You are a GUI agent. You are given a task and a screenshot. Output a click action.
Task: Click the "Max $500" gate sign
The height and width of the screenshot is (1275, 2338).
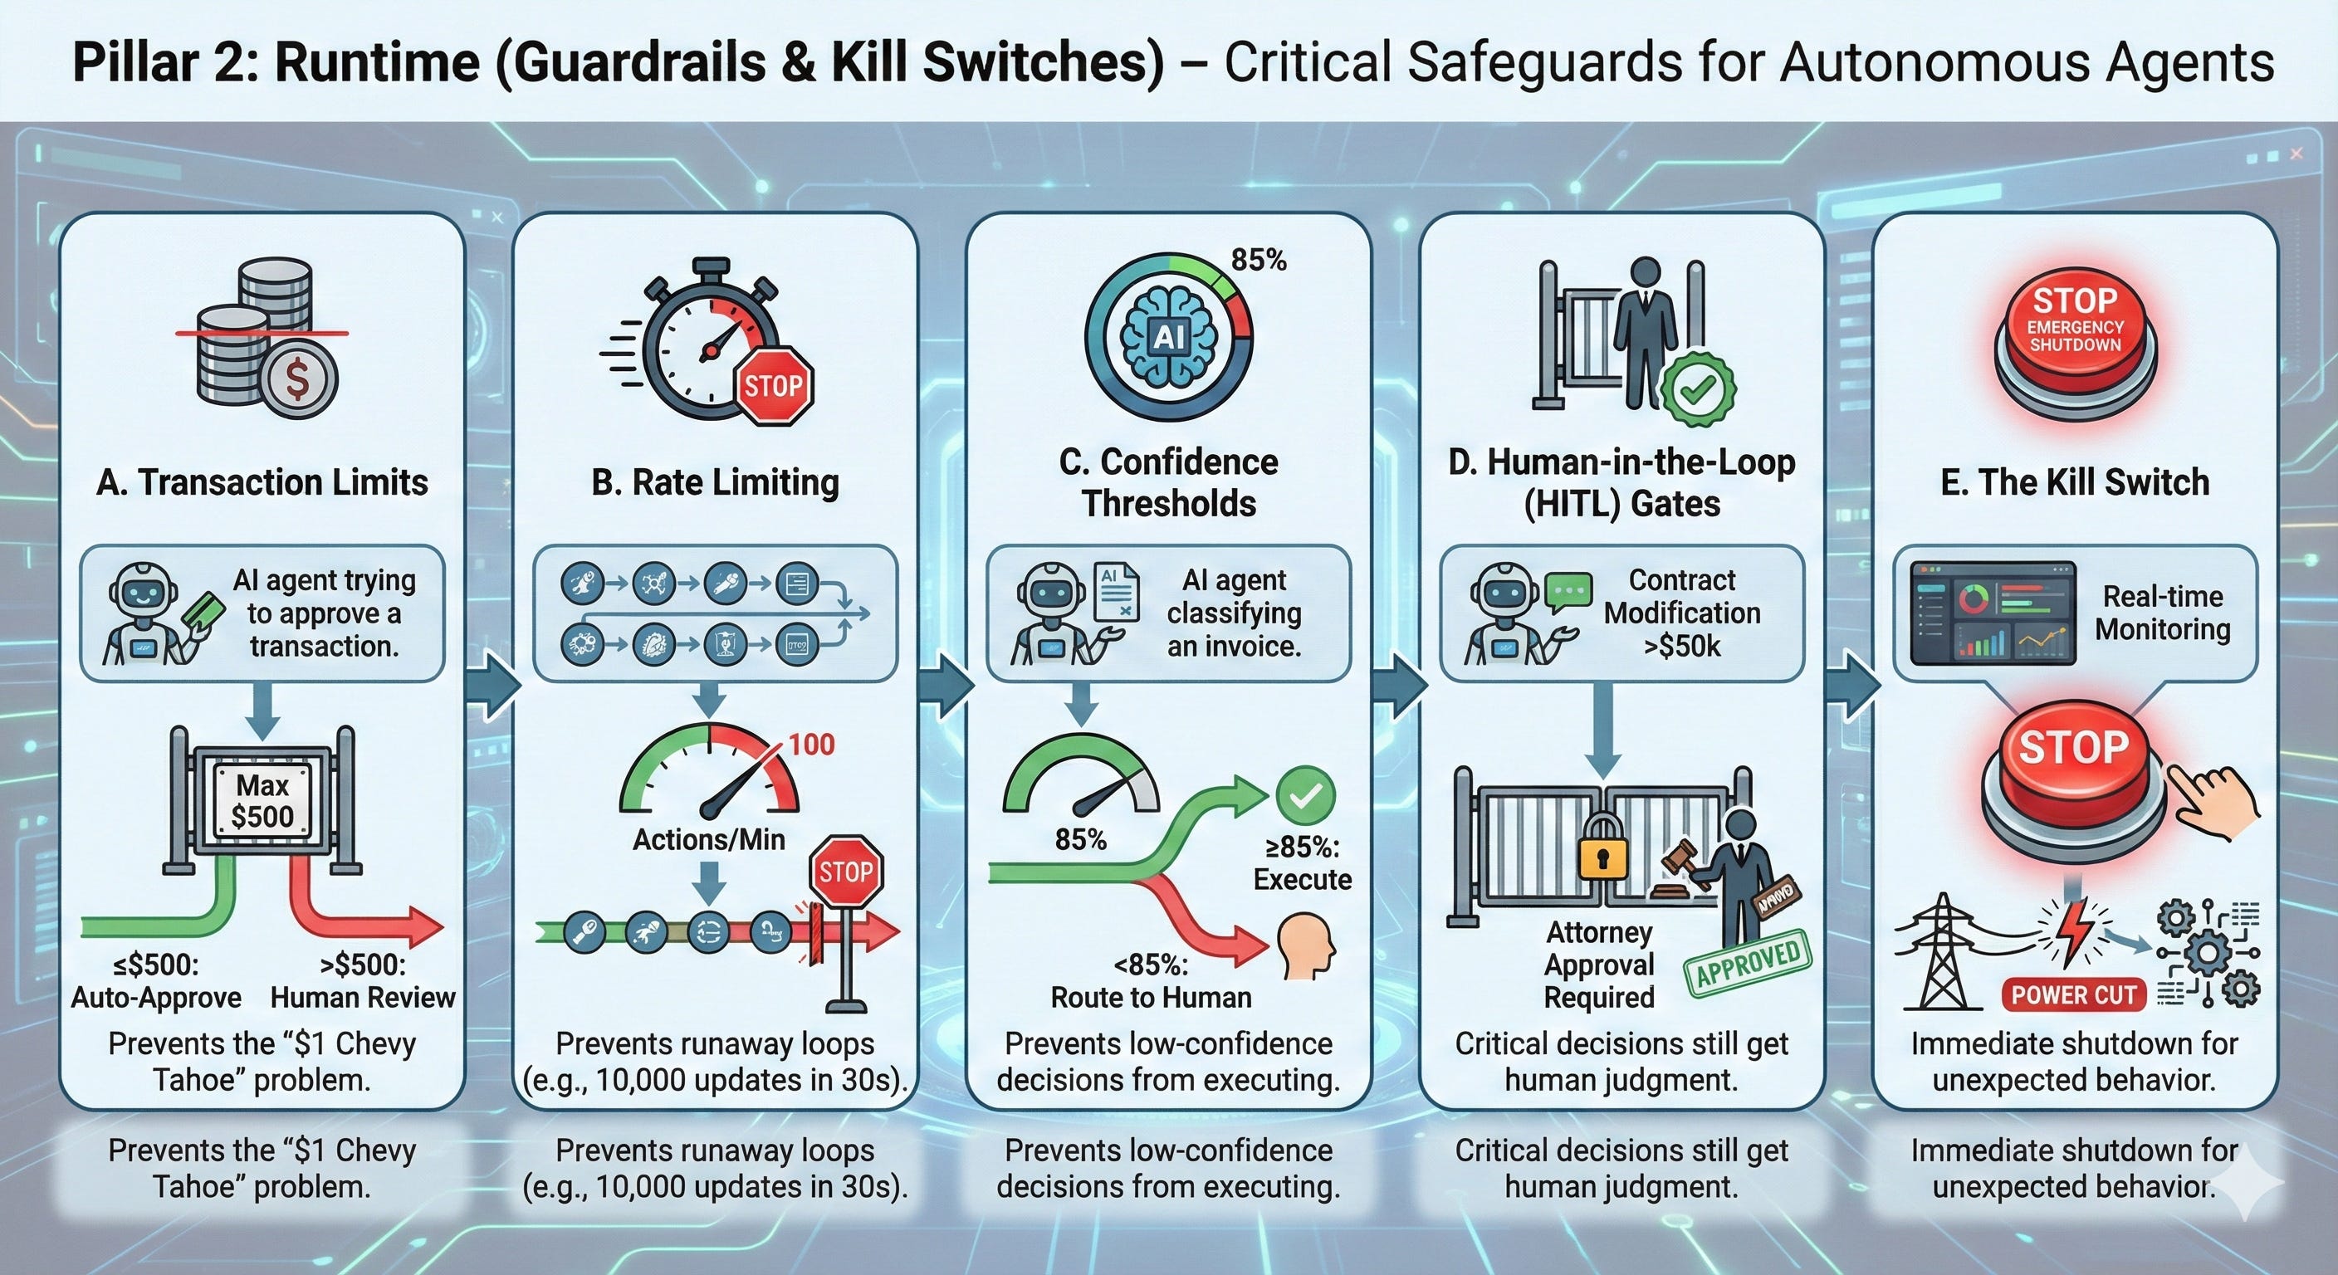point(262,800)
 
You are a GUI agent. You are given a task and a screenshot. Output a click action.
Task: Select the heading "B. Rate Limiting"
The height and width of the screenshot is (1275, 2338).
point(715,482)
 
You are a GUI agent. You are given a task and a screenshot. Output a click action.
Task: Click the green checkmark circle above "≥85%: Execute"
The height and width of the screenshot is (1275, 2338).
point(1305,795)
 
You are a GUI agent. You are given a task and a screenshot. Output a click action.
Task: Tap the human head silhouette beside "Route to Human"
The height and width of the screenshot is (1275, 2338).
point(1307,946)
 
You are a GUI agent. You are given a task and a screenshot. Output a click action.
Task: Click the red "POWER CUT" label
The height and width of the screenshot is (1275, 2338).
point(2073,994)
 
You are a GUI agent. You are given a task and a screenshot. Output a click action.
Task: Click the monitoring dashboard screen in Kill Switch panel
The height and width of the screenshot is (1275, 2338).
point(1993,613)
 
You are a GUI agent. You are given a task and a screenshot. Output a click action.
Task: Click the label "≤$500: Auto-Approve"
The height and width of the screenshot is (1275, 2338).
point(156,980)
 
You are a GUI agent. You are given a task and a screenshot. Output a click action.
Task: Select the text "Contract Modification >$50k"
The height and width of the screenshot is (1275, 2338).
point(1681,613)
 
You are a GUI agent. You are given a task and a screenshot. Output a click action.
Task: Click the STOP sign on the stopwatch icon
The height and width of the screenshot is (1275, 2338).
point(773,385)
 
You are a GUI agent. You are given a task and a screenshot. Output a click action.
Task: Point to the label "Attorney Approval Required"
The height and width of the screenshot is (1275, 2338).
point(1599,964)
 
